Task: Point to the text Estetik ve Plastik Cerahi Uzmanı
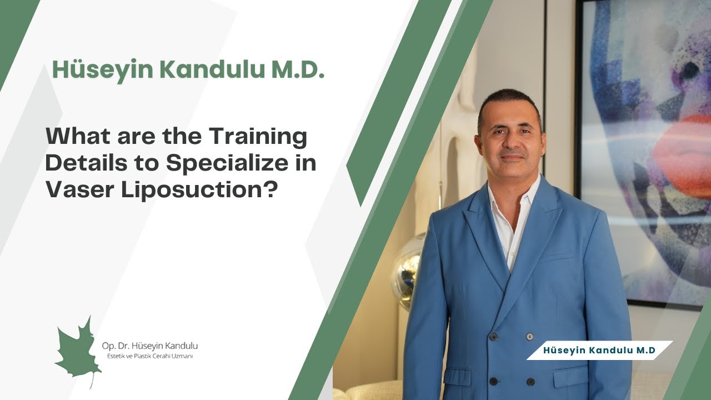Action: tap(147, 356)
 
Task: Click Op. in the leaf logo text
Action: tap(108, 346)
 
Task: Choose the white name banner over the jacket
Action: tap(599, 350)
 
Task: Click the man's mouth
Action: tap(512, 158)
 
